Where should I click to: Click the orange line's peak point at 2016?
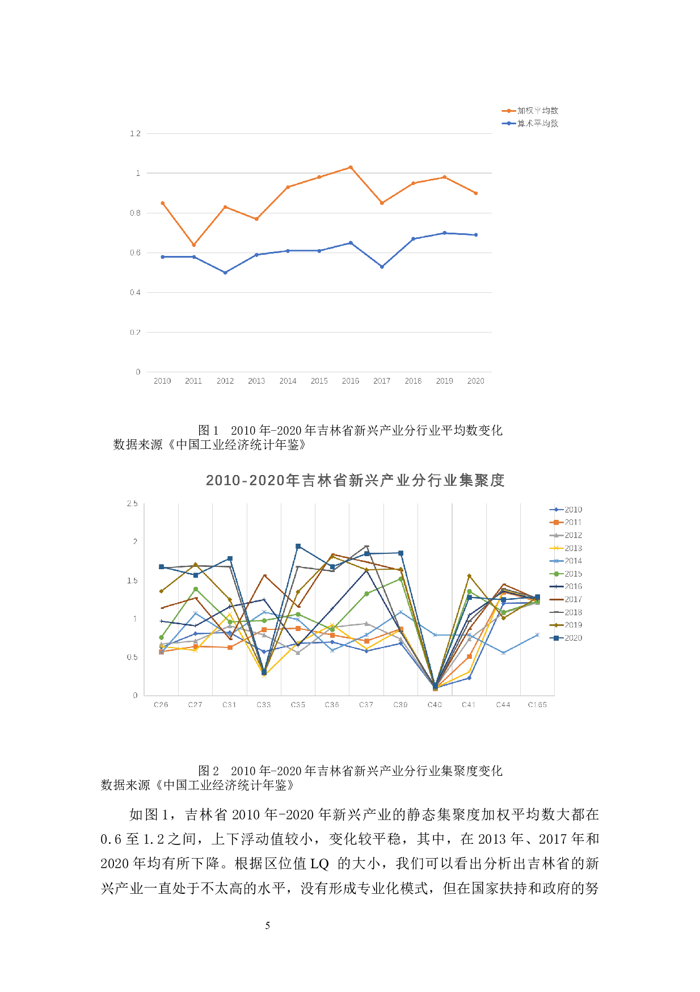(351, 167)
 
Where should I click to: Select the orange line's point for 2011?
(194, 245)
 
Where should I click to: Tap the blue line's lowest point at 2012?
(225, 272)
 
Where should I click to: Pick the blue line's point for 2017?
(382, 267)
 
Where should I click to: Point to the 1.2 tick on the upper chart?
(135, 133)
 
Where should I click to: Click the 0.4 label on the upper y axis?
(135, 292)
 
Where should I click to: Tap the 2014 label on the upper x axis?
(288, 381)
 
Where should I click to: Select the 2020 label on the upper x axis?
(475, 381)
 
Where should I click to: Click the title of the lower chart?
(355, 481)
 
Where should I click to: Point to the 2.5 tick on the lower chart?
(132, 503)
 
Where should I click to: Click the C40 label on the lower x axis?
(435, 704)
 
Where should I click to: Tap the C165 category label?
(537, 704)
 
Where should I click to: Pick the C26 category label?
(161, 704)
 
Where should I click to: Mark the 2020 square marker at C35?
(298, 547)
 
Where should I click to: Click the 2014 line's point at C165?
(537, 635)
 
